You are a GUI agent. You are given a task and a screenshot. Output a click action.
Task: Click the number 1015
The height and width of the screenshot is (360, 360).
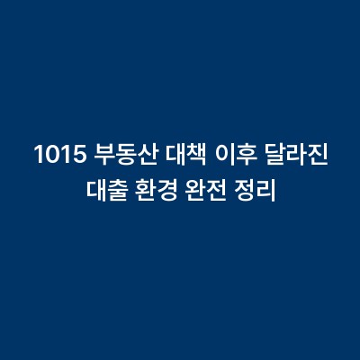point(59,157)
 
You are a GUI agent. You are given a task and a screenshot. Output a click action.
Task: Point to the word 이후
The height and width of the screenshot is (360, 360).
point(229,157)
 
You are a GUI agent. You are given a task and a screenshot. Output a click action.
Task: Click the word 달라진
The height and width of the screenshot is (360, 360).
point(293,157)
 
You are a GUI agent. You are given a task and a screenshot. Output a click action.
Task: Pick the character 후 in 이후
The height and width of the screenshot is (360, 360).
point(240,157)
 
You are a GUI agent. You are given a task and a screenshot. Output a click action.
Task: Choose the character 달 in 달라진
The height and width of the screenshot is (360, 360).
point(273,157)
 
